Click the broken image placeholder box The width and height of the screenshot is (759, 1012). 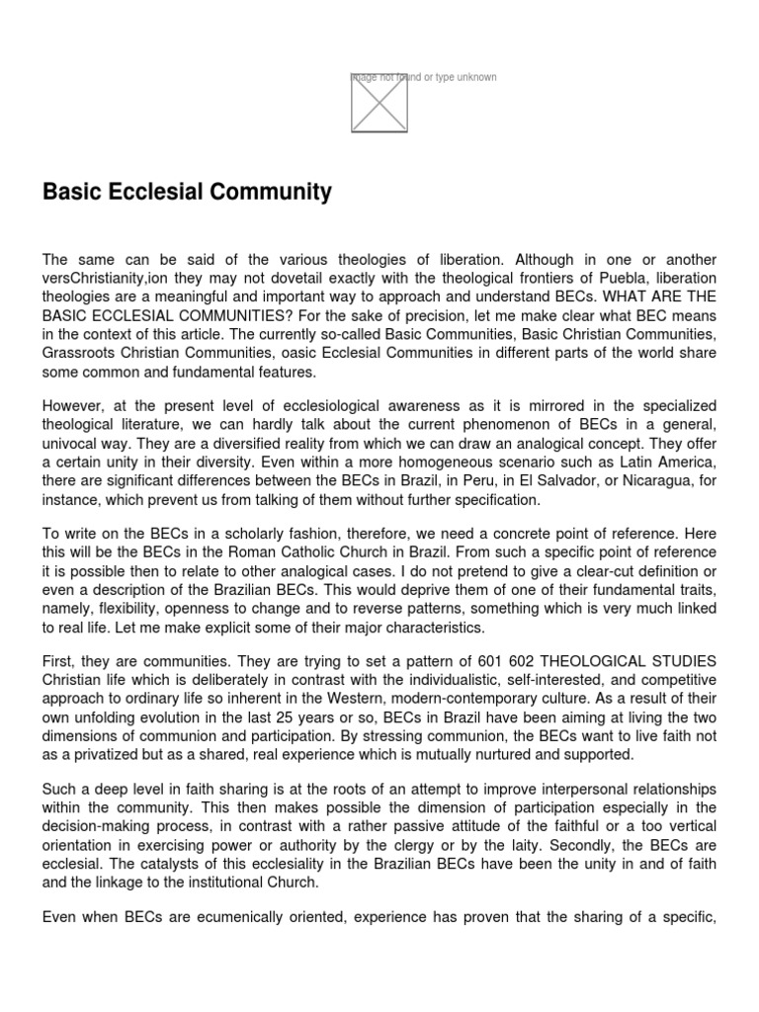pyautogui.click(x=379, y=102)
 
